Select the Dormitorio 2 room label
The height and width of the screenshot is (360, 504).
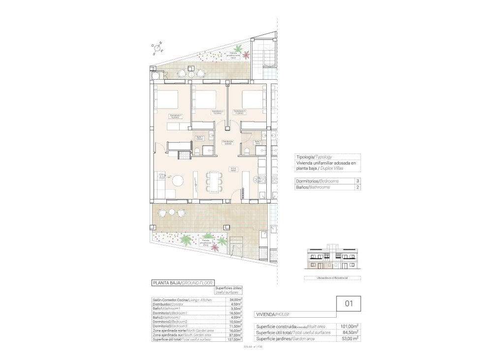coord(218,112)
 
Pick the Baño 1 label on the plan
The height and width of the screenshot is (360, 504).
coord(199,138)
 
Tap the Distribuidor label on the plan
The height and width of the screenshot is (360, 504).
coord(227,143)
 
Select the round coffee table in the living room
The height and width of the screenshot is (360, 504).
coord(178,180)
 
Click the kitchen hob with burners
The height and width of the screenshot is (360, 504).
coord(262,182)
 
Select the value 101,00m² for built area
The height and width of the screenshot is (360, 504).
coord(349,326)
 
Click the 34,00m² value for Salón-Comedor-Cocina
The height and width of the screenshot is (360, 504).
coord(236,300)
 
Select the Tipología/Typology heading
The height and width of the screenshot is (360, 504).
coord(317,156)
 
